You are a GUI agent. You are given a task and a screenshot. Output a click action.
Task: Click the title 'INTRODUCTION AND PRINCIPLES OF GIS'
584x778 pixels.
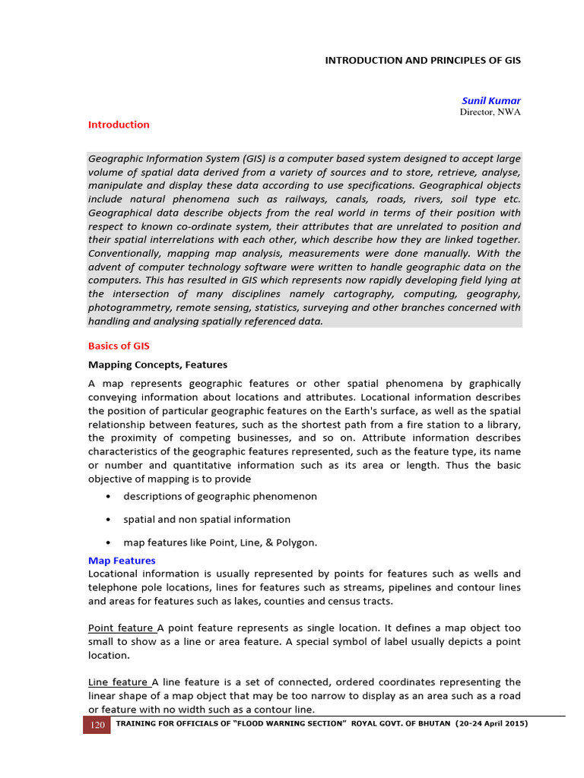(x=423, y=60)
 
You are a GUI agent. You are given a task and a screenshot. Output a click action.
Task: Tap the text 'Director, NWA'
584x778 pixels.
(x=490, y=112)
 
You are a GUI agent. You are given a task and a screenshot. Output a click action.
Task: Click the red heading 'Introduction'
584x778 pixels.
(x=119, y=125)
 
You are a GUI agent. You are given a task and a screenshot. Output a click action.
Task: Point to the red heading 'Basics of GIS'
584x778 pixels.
(x=119, y=346)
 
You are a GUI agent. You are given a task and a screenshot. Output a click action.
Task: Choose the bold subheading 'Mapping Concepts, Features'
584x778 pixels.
(x=157, y=365)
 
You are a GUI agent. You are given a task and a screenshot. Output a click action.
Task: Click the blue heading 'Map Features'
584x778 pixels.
(x=122, y=561)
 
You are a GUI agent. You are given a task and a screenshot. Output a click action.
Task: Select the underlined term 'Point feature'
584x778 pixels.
(x=121, y=628)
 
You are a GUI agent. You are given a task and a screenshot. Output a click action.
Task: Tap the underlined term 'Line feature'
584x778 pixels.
(x=119, y=682)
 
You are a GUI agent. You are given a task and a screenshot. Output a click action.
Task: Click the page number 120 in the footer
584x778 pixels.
(x=97, y=725)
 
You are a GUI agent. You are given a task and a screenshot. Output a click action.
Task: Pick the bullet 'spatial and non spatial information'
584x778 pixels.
(x=207, y=520)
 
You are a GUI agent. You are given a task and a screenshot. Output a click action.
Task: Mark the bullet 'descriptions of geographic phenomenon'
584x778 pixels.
(x=220, y=497)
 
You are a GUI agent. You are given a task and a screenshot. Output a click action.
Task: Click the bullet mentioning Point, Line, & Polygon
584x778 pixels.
(x=220, y=542)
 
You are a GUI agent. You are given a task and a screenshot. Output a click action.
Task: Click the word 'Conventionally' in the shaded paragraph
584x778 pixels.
(x=126, y=253)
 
